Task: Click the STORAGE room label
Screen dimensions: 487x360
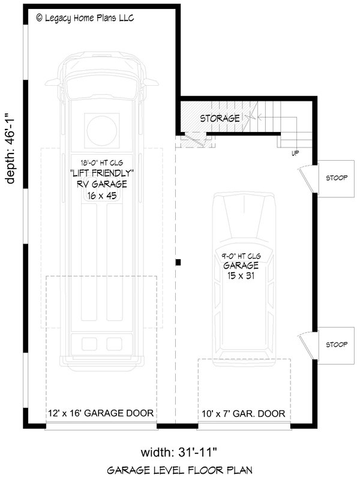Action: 220,118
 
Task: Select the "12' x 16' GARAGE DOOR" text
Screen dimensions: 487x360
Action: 101,413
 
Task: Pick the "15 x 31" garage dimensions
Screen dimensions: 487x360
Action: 241,275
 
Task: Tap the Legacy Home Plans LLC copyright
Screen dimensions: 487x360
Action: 85,19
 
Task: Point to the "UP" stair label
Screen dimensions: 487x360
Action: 295,153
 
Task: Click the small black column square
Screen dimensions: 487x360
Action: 178,261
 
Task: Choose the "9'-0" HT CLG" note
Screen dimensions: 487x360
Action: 241,254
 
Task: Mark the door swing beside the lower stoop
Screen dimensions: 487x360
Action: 304,344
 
